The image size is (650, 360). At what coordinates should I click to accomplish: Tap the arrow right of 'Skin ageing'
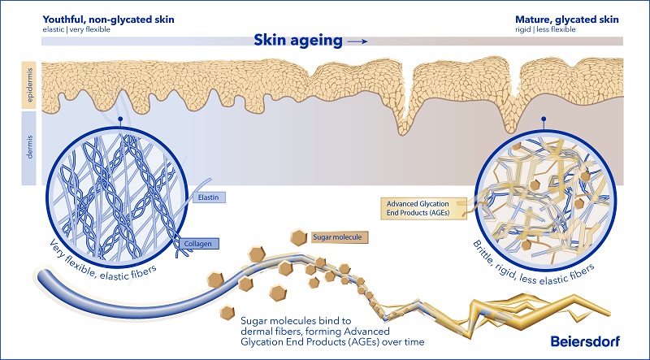[x=357, y=41]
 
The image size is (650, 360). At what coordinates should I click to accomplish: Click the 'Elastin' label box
[x=212, y=196]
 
